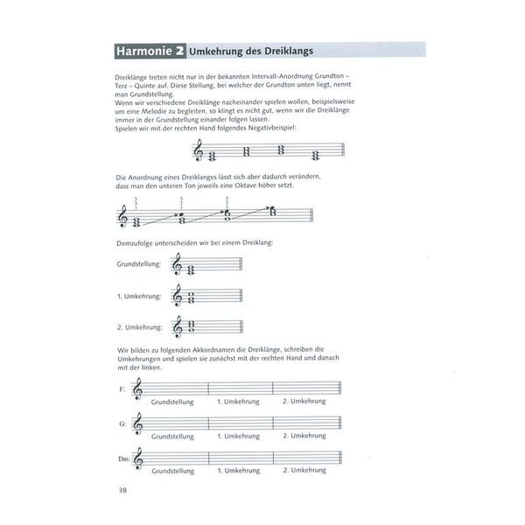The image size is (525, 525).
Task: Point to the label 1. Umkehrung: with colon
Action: click(x=140, y=296)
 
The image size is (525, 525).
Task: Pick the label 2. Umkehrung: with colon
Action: click(x=140, y=327)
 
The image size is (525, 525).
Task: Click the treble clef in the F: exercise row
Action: click(x=137, y=390)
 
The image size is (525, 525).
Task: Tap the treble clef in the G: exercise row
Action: click(x=137, y=425)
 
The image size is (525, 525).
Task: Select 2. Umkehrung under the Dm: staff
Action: click(x=304, y=470)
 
